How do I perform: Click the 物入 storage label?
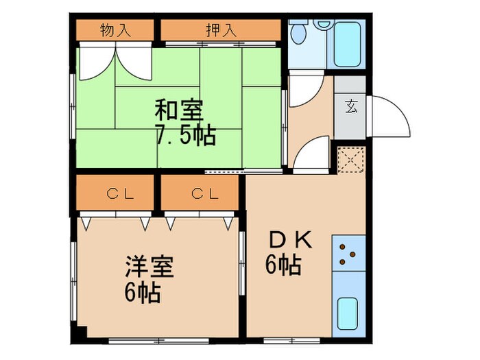[114, 30]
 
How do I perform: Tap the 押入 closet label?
[221, 30]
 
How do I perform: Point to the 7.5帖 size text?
[186, 135]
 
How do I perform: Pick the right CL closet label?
[205, 193]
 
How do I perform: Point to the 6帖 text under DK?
[284, 265]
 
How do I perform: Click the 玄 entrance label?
[350, 106]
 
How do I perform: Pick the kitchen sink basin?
[348, 315]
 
